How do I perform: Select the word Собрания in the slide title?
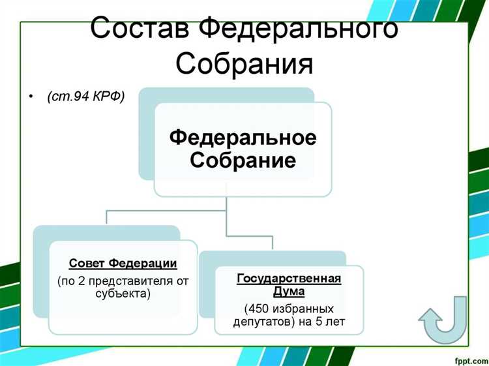[x=244, y=65]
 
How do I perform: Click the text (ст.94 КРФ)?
[x=85, y=97]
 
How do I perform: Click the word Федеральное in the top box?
[x=243, y=138]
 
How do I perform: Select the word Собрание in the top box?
[x=243, y=160]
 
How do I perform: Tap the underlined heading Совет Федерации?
[x=123, y=264]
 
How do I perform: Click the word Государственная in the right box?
[x=289, y=279]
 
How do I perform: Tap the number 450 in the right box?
[x=258, y=308]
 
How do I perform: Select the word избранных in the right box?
[x=302, y=308]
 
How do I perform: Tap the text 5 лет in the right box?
[x=330, y=321]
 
